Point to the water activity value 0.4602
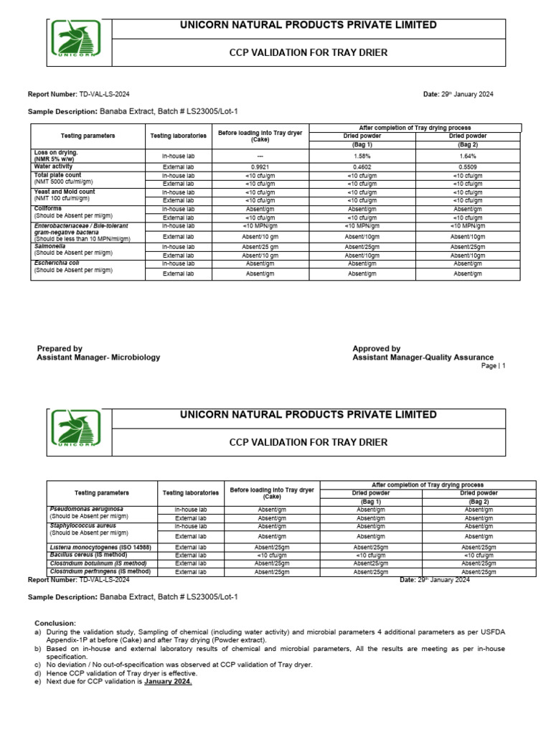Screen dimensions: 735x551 pyautogui.click(x=362, y=167)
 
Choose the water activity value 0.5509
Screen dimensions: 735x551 pyautogui.click(x=468, y=167)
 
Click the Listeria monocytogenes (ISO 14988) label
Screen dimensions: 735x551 pyautogui.click(x=97, y=547)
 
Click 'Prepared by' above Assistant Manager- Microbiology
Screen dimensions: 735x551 pyautogui.click(x=60, y=349)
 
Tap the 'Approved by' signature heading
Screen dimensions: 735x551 pyautogui.click(x=376, y=349)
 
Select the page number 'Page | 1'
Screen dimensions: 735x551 pyautogui.click(x=493, y=366)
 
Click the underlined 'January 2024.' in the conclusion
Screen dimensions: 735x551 pyautogui.click(x=168, y=682)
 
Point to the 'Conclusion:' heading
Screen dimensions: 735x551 pyautogui.click(x=55, y=623)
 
